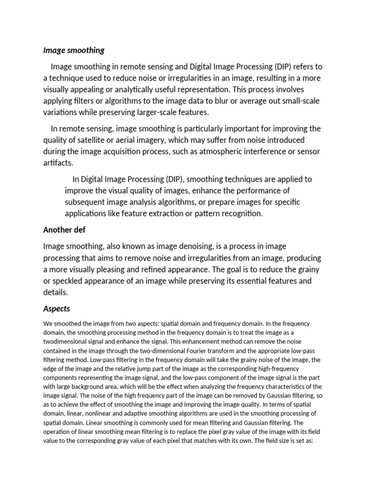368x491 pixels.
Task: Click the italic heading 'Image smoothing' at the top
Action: click(74, 50)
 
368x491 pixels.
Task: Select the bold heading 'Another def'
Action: click(64, 230)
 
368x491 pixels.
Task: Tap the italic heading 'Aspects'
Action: click(57, 308)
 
